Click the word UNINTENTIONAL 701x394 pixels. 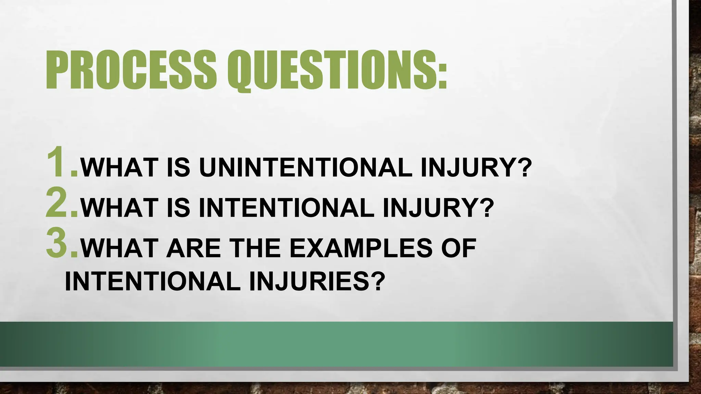click(305, 168)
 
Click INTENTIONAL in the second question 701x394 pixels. click(286, 208)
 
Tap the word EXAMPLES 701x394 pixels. click(361, 248)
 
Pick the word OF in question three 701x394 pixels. click(459, 248)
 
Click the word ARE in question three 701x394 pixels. click(194, 248)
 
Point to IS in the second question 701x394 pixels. click(178, 208)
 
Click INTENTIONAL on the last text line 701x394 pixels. click(153, 282)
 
